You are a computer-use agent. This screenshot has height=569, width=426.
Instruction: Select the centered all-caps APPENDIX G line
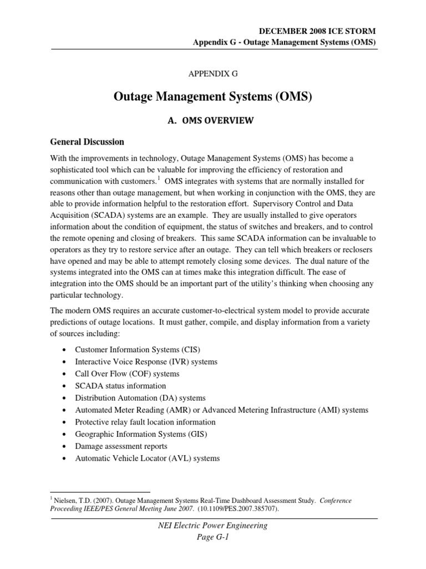213,73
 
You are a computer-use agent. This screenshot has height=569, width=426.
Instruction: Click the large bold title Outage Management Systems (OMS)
213,98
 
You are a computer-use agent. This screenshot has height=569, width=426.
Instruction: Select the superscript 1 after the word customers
158,178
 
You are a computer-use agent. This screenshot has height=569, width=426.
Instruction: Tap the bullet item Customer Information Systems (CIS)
138,350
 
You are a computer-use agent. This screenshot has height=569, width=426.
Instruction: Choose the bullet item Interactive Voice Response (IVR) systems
146,362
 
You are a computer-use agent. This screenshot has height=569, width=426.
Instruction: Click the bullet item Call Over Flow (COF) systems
127,374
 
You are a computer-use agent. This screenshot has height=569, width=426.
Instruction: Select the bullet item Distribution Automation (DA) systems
140,398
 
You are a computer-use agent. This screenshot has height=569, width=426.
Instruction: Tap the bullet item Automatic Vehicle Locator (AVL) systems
147,458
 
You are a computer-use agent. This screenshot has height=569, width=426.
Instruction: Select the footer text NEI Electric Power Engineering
213,526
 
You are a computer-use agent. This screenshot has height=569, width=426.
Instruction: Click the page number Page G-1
213,537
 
